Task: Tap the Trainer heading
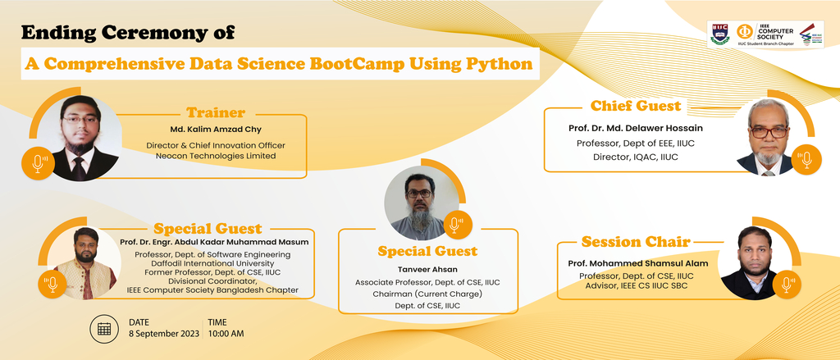click(216, 113)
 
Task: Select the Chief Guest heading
click(636, 106)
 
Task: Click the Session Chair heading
click(636, 242)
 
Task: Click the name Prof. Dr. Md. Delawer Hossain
click(636, 128)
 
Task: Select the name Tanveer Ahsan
click(427, 270)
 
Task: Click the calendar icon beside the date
click(104, 328)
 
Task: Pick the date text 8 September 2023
click(164, 333)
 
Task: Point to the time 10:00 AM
click(226, 333)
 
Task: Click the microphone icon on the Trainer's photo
click(38, 163)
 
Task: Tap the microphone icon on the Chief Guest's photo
click(806, 160)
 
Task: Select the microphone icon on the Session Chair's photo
click(787, 285)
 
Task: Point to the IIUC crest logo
click(719, 34)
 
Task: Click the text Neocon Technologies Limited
click(216, 156)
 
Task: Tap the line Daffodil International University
click(212, 263)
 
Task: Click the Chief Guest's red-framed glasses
click(769, 132)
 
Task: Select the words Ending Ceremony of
click(128, 33)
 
